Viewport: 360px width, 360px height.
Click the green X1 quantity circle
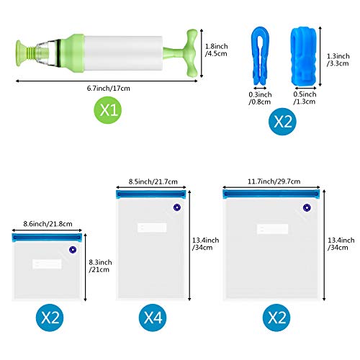click(x=108, y=110)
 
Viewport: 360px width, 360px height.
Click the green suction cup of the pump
click(x=19, y=53)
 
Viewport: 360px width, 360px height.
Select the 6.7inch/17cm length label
click(x=109, y=89)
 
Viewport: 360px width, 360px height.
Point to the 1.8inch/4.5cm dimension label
click(x=216, y=50)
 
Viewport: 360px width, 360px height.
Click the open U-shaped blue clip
click(x=260, y=55)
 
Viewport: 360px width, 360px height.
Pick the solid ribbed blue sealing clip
click(x=305, y=56)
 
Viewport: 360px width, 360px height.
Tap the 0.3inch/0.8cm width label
click(x=260, y=98)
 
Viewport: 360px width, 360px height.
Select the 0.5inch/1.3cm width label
click(x=305, y=98)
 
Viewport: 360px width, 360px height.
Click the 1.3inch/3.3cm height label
click(x=338, y=60)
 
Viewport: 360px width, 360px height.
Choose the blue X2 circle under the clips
click(x=282, y=122)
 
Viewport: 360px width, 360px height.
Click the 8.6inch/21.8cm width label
click(x=48, y=224)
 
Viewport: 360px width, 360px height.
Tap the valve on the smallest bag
click(x=73, y=250)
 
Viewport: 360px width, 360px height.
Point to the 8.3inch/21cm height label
click(x=100, y=266)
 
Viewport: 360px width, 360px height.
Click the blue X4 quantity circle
click(x=153, y=318)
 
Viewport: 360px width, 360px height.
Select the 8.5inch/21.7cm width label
click(x=153, y=181)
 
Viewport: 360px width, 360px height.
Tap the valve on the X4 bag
click(x=177, y=207)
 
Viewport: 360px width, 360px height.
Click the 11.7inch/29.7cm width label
click(x=274, y=181)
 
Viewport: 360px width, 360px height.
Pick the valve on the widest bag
click(x=307, y=208)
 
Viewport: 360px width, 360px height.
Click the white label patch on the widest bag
click(x=272, y=229)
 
